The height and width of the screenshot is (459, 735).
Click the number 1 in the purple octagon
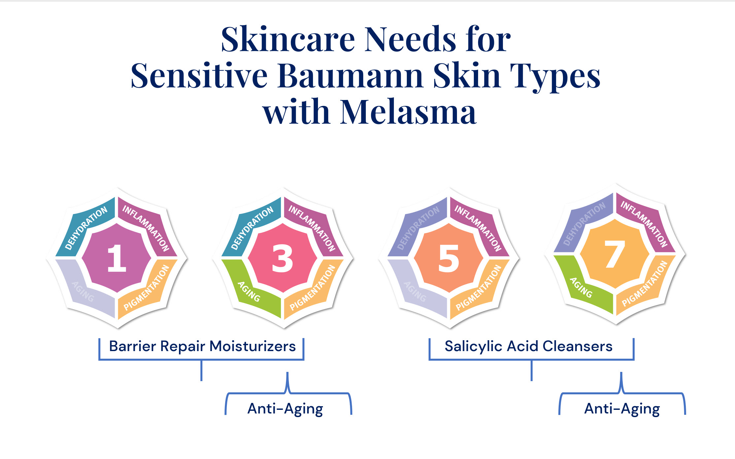click(x=117, y=258)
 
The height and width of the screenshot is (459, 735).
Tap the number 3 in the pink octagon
click(x=282, y=258)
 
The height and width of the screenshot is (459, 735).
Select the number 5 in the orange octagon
click(x=448, y=258)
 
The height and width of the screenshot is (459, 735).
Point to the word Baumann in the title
click(x=351, y=76)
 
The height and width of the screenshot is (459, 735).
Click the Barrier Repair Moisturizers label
click(x=202, y=346)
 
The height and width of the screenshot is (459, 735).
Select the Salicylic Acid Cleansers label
click(x=528, y=346)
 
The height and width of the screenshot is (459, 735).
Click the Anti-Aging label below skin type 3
click(x=285, y=409)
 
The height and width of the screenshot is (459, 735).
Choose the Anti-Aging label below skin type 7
click(x=622, y=409)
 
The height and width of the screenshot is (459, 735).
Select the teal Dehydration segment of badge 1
click(x=84, y=228)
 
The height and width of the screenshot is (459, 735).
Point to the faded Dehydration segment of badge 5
click(x=417, y=228)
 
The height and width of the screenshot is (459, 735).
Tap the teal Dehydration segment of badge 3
click(x=250, y=228)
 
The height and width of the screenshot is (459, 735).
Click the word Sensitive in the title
click(x=199, y=76)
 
